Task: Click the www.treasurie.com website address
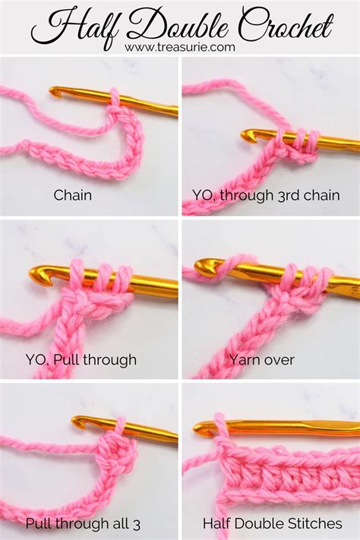pyautogui.click(x=180, y=47)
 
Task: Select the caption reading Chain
pyautogui.click(x=73, y=195)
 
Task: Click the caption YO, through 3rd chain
pyautogui.click(x=266, y=195)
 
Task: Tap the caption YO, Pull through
pyautogui.click(x=81, y=360)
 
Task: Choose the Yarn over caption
pyautogui.click(x=262, y=360)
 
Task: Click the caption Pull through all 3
pyautogui.click(x=83, y=524)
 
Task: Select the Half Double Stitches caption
pyautogui.click(x=273, y=523)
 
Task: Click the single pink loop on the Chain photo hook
pyautogui.click(x=115, y=98)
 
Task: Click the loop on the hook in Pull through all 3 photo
pyautogui.click(x=120, y=427)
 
